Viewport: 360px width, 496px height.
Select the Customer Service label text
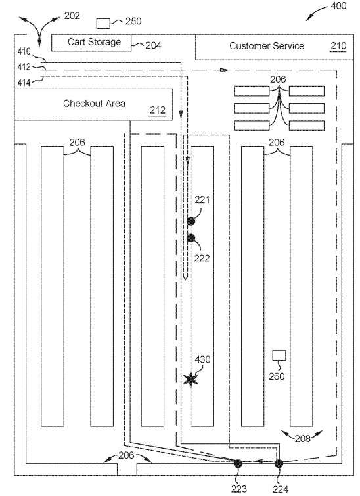pos(266,46)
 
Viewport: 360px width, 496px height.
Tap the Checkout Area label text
pos(94,104)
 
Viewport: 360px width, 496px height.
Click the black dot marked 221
pos(191,221)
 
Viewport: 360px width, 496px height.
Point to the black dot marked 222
pos(191,238)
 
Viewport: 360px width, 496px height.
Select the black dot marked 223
pos(238,464)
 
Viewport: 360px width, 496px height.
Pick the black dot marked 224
pos(279,464)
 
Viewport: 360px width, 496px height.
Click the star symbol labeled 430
pos(191,379)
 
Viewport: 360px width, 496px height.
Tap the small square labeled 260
pos(280,356)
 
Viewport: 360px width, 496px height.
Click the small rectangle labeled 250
pos(103,24)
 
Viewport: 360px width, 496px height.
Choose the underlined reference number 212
pos(157,110)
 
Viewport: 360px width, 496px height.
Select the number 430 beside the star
pos(202,359)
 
